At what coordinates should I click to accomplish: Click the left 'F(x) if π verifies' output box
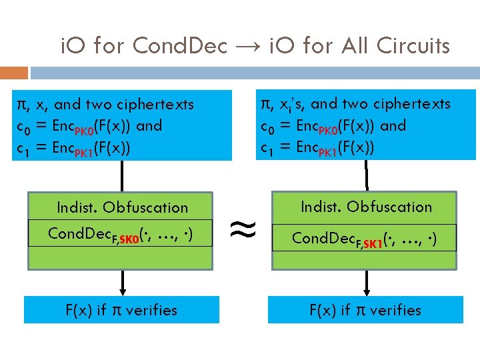(x=121, y=310)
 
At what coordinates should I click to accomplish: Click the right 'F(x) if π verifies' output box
(x=365, y=310)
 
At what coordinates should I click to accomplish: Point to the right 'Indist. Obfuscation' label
(x=366, y=207)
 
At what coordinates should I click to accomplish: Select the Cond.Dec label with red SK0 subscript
(x=121, y=234)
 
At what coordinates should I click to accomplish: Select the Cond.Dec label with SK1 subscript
(x=365, y=238)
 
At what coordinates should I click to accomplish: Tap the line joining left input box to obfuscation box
(x=122, y=177)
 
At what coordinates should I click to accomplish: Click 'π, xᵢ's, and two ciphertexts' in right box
(x=355, y=103)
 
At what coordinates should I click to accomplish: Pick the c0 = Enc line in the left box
(x=89, y=126)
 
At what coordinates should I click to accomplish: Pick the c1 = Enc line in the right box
(x=317, y=147)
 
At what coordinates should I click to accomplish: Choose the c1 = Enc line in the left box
(x=73, y=148)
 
